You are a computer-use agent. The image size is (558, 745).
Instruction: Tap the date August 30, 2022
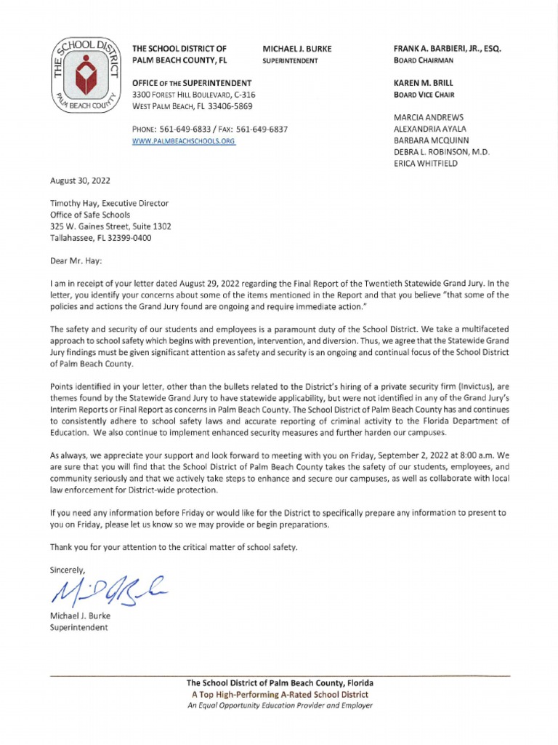pos(80,180)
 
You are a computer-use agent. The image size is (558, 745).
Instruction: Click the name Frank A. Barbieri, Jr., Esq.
pos(447,49)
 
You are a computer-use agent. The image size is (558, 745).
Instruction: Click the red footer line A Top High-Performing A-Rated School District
pos(280,695)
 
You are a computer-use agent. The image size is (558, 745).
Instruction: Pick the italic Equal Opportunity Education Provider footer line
pos(280,706)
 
